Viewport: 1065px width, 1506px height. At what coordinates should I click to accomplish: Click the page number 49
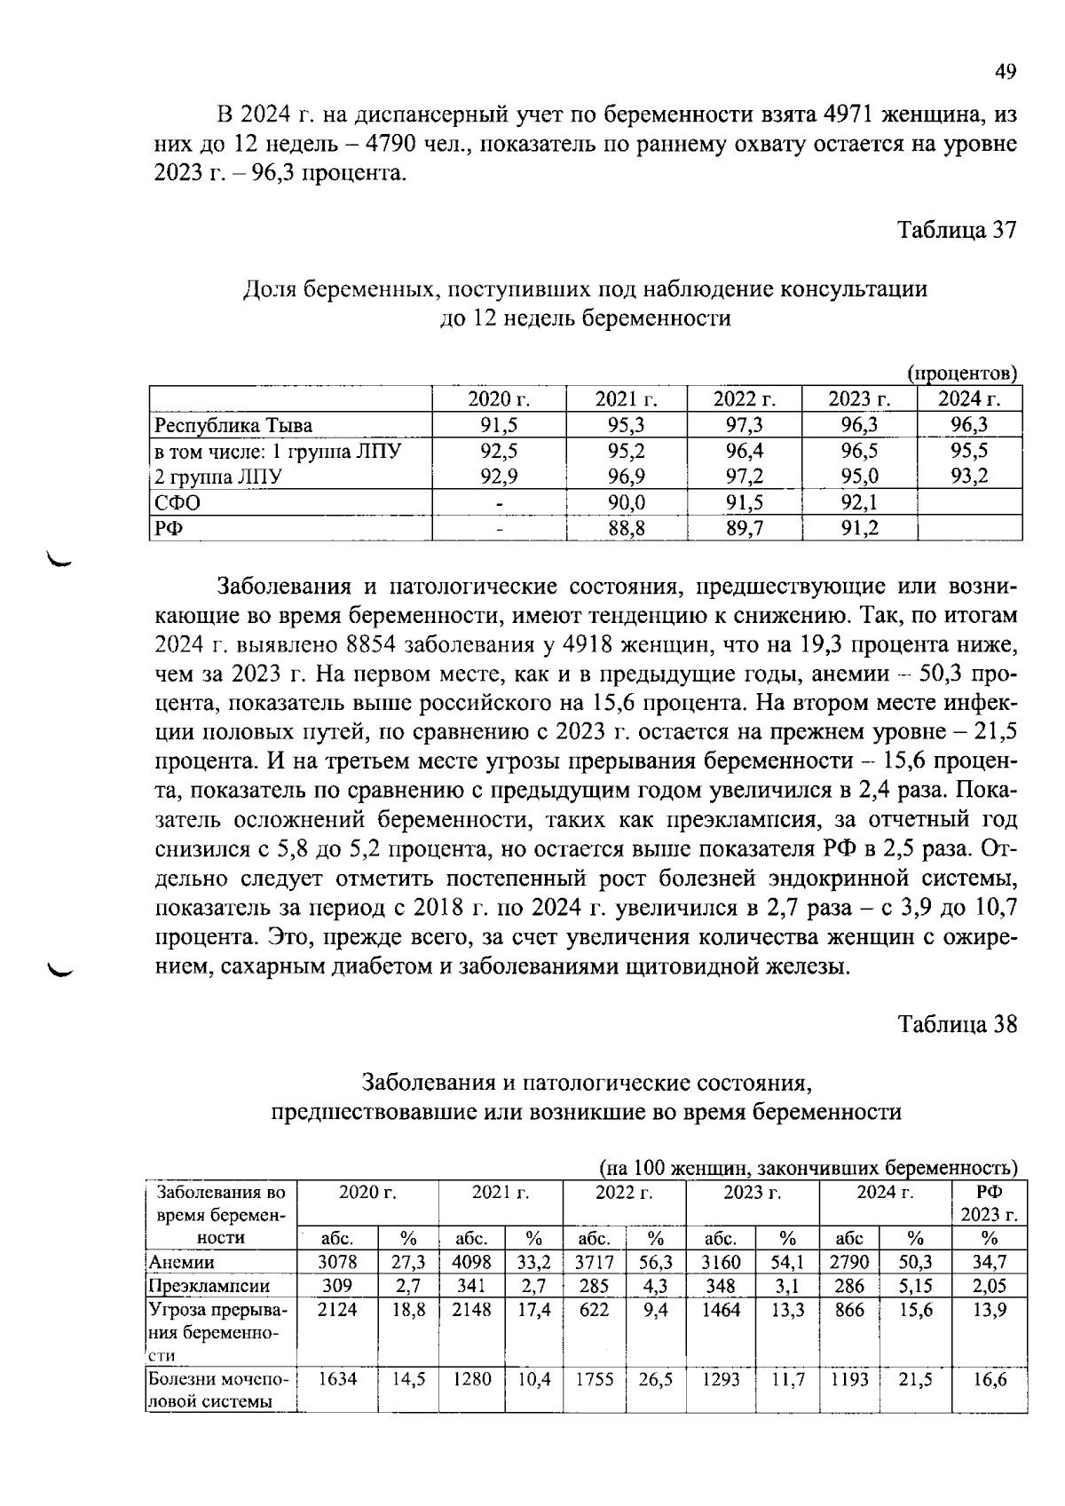[1005, 72]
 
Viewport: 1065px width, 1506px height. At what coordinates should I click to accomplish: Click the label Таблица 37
[956, 230]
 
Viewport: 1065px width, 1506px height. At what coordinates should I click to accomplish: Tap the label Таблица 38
[956, 1023]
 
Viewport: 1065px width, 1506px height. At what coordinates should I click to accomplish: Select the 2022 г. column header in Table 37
[744, 399]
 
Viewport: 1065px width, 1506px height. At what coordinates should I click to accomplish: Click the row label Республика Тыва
[233, 425]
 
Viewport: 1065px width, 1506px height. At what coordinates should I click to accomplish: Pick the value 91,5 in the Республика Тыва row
[499, 425]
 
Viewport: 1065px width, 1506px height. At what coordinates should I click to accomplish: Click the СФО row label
[177, 502]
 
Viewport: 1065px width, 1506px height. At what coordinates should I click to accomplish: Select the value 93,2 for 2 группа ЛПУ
[969, 477]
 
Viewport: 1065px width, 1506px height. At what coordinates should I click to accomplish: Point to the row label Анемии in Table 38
[181, 1261]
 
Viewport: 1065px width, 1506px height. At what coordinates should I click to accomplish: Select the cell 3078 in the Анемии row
[336, 1261]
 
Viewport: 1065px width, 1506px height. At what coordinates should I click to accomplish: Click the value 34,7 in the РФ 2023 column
[989, 1261]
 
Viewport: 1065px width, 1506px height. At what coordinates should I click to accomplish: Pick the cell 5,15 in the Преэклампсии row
[914, 1285]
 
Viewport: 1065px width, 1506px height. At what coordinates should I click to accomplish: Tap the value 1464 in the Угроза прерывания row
[720, 1310]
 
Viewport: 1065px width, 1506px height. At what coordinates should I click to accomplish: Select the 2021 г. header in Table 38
[500, 1192]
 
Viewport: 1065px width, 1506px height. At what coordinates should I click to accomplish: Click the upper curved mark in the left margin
[63, 559]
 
